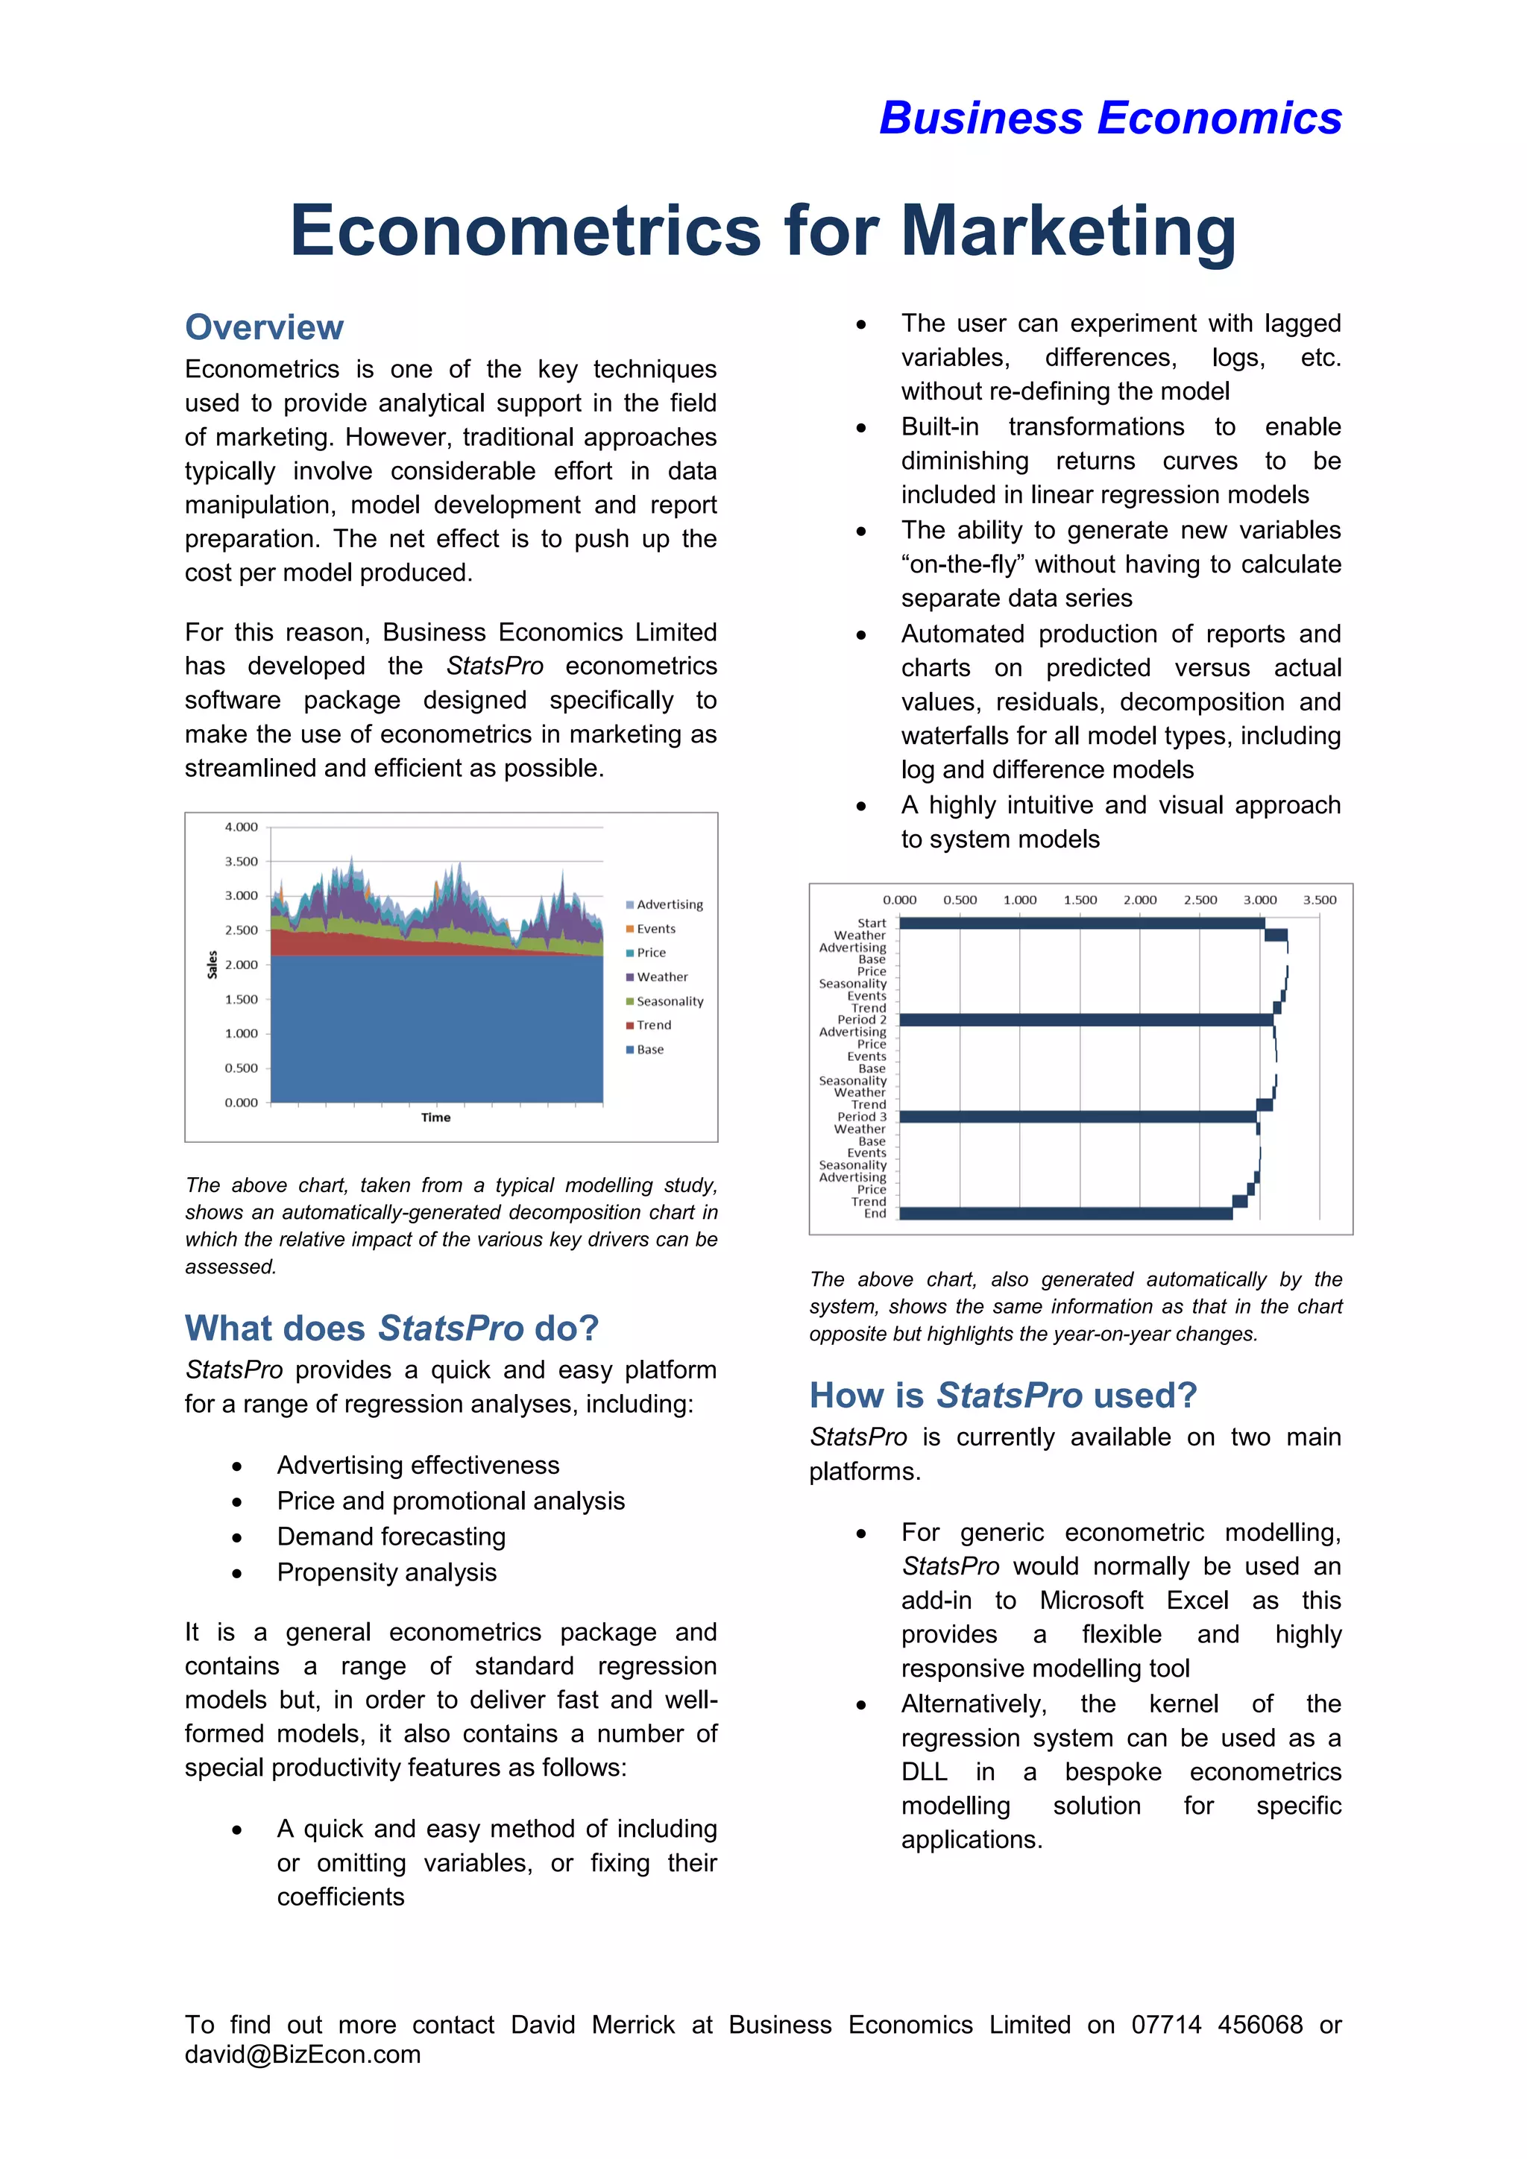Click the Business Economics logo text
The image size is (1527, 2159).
point(1109,119)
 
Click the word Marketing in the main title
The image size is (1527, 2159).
point(1068,230)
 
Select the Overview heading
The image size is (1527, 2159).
point(264,327)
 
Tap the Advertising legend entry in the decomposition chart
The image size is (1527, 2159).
point(669,904)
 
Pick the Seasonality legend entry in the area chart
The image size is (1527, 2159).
point(669,1001)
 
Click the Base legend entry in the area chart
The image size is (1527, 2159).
point(649,1050)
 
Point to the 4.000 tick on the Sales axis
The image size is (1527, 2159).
point(241,828)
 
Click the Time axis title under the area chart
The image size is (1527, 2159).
point(435,1117)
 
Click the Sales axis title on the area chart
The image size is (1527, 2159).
point(212,965)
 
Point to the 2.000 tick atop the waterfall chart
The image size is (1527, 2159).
point(1139,900)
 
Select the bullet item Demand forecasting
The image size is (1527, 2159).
point(391,1536)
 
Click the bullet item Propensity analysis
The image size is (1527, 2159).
point(386,1572)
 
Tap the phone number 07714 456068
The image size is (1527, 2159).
point(1217,2025)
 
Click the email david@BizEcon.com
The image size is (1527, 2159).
point(303,2055)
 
